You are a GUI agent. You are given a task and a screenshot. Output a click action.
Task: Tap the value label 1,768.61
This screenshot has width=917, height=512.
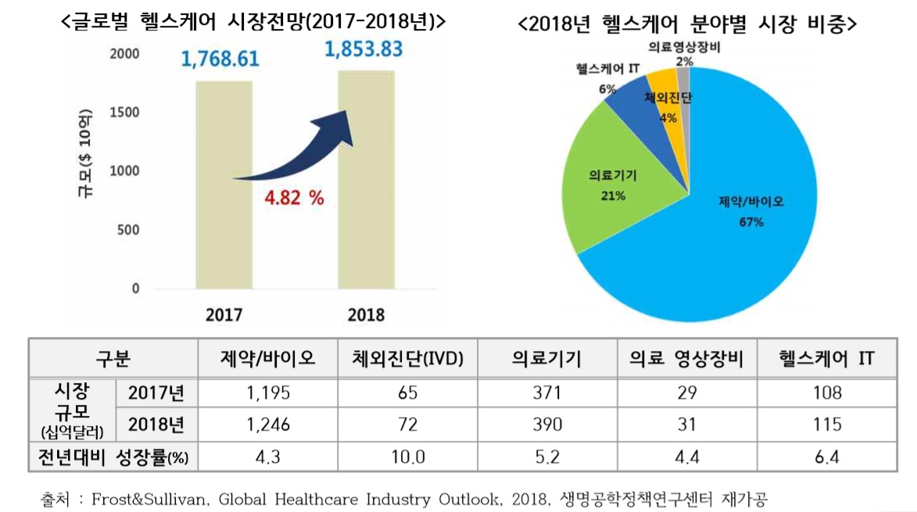tap(220, 59)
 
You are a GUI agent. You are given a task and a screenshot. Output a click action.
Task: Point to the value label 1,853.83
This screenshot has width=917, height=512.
tap(364, 50)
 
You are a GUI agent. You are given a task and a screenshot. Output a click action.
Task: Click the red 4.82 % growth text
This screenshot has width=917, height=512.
tap(294, 198)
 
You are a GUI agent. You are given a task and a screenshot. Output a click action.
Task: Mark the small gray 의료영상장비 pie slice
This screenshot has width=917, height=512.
tap(683, 78)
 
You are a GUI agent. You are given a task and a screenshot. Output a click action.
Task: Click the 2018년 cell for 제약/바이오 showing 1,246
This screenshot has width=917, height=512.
tap(268, 424)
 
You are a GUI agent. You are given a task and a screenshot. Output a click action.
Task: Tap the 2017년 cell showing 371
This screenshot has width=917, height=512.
tap(546, 392)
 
